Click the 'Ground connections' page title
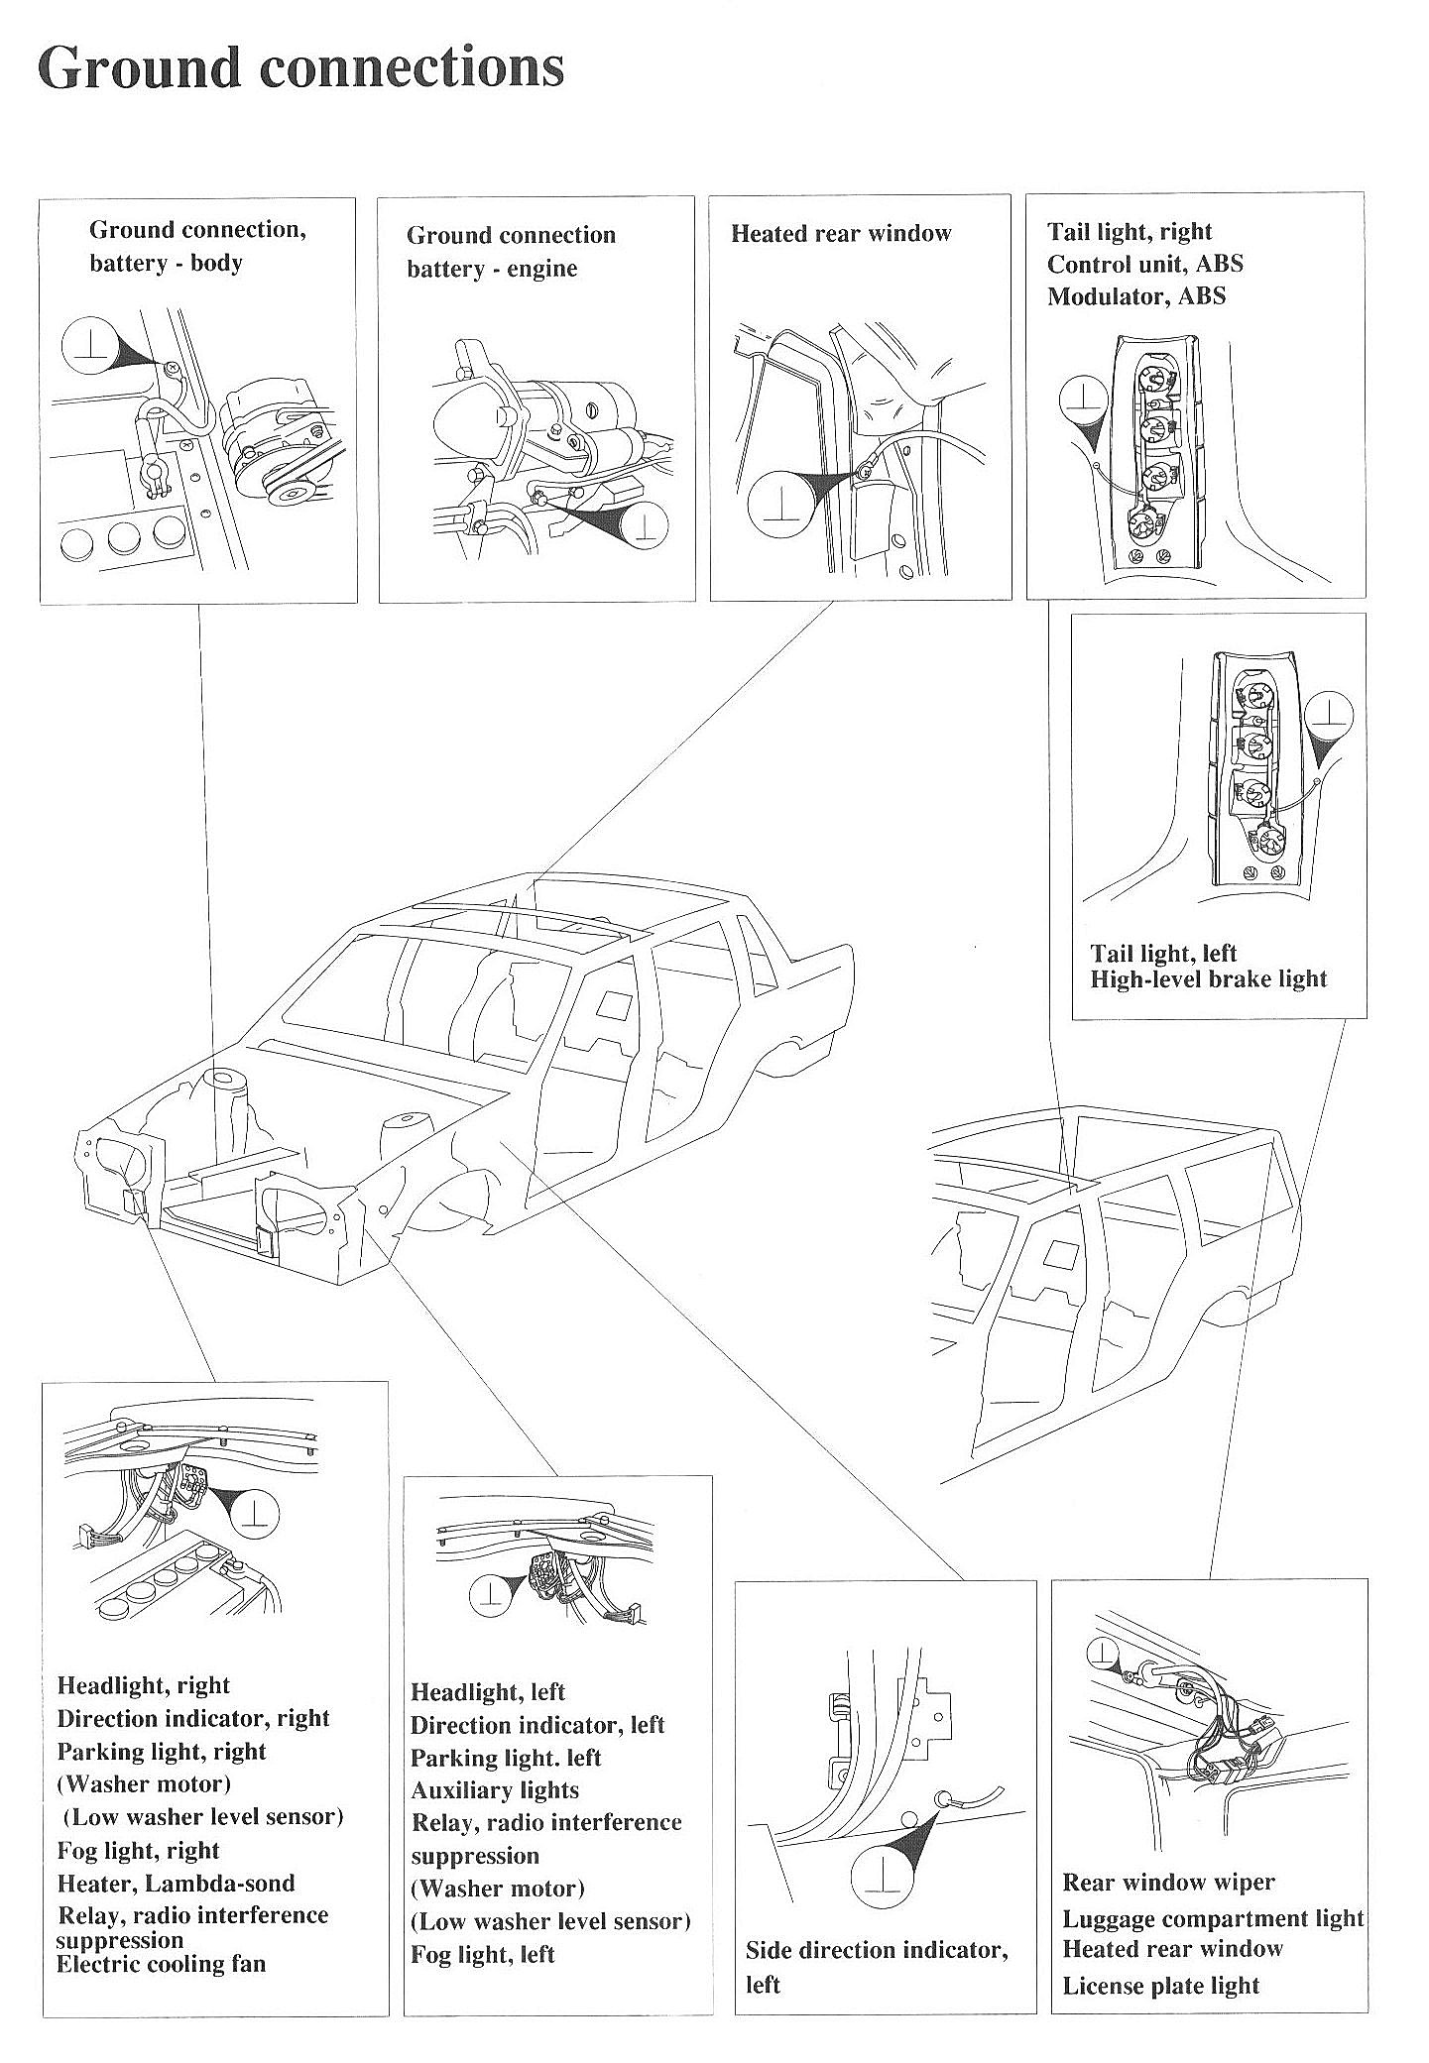[300, 68]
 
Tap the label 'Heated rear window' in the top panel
[840, 234]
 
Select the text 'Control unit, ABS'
[1144, 264]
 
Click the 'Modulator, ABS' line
[1135, 296]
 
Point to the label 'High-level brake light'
[1208, 979]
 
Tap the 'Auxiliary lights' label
[494, 1790]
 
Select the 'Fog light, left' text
[482, 1955]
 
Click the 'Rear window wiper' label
[1168, 1883]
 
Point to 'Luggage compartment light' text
[1213, 1919]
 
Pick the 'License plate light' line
[1160, 1986]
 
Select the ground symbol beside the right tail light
[1084, 401]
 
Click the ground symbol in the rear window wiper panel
[1102, 1652]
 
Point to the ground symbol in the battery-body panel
[90, 343]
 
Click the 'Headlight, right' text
[143, 1686]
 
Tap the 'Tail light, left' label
[1163, 954]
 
